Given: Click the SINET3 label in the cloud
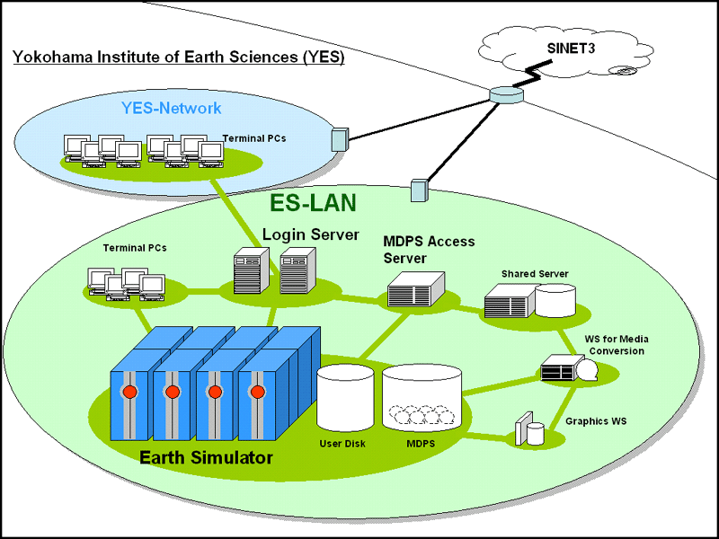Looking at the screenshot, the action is (x=571, y=49).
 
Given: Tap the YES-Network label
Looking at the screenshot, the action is (x=171, y=108).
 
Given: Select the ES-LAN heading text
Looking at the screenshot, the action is (x=313, y=203).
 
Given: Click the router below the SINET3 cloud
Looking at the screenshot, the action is (x=506, y=94).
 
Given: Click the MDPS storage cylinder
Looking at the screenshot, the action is (x=422, y=398).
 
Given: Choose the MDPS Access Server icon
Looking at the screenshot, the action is (x=416, y=289).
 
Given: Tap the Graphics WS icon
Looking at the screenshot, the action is (x=529, y=429).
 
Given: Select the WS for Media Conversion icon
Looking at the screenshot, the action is (x=569, y=367).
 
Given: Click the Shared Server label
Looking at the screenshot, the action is (x=535, y=274).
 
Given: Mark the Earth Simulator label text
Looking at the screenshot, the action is (x=206, y=457).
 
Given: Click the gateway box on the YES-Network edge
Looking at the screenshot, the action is (x=340, y=139).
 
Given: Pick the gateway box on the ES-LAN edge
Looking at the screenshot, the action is (x=419, y=190).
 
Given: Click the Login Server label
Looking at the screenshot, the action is (x=310, y=234).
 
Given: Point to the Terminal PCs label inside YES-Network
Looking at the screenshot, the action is (x=254, y=138).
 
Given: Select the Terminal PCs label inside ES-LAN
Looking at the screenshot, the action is (x=135, y=248).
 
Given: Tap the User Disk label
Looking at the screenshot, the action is (x=342, y=444).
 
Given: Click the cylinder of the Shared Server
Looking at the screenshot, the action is (x=555, y=301).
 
